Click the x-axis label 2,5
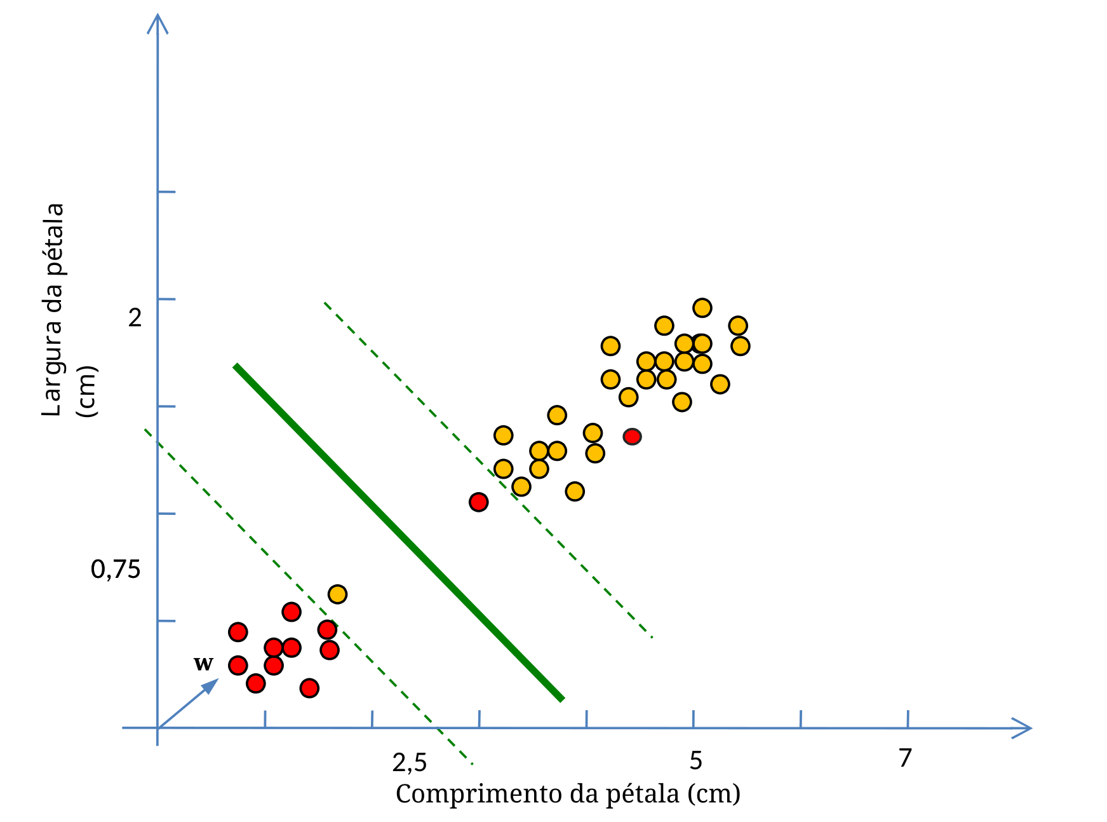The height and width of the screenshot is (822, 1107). coord(410,762)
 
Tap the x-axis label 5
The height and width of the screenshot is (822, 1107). coord(695,760)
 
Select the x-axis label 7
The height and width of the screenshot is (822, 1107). coord(905,758)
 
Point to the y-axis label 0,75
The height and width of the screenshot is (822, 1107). coord(116,570)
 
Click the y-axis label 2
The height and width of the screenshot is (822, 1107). coord(135,317)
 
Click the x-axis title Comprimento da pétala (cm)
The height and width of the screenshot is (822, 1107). coord(568,794)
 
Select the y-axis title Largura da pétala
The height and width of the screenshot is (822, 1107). coord(53,310)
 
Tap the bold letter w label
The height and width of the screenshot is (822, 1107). coord(203,663)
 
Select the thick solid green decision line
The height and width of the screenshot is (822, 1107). coord(398,532)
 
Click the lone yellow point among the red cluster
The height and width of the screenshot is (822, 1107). coord(337,594)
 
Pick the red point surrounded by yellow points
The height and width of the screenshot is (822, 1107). coord(632,437)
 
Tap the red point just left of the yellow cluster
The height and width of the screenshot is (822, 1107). coord(478,502)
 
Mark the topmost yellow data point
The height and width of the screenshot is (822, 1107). coord(702,308)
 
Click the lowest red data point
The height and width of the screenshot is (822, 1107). coord(309,688)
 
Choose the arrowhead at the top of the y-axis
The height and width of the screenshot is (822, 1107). coord(158,23)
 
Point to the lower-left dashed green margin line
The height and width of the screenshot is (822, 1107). coord(308,596)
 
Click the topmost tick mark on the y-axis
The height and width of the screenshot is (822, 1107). coord(166,191)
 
